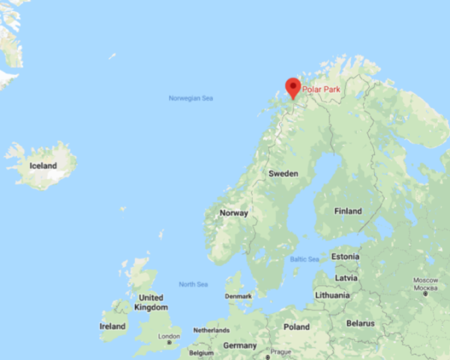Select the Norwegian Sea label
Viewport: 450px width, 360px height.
coord(190,98)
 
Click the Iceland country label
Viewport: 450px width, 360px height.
coord(43,166)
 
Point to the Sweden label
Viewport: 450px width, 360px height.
coord(283,173)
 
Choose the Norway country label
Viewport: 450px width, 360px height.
coord(233,213)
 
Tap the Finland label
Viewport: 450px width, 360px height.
coord(348,211)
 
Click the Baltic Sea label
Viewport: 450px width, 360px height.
coord(304,259)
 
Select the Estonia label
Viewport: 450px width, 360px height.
coord(346,256)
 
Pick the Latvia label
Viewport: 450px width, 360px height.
coord(346,277)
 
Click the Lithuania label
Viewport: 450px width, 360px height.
coord(332,295)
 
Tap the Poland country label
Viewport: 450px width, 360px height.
coord(296,327)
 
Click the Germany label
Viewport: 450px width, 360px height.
coord(240,346)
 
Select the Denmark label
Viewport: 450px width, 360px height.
coord(238,296)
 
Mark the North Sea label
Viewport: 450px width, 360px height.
coord(193,284)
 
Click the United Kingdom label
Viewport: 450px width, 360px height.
coord(151,302)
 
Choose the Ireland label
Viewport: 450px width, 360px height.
coord(112,326)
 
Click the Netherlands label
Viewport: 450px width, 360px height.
coord(211,330)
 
